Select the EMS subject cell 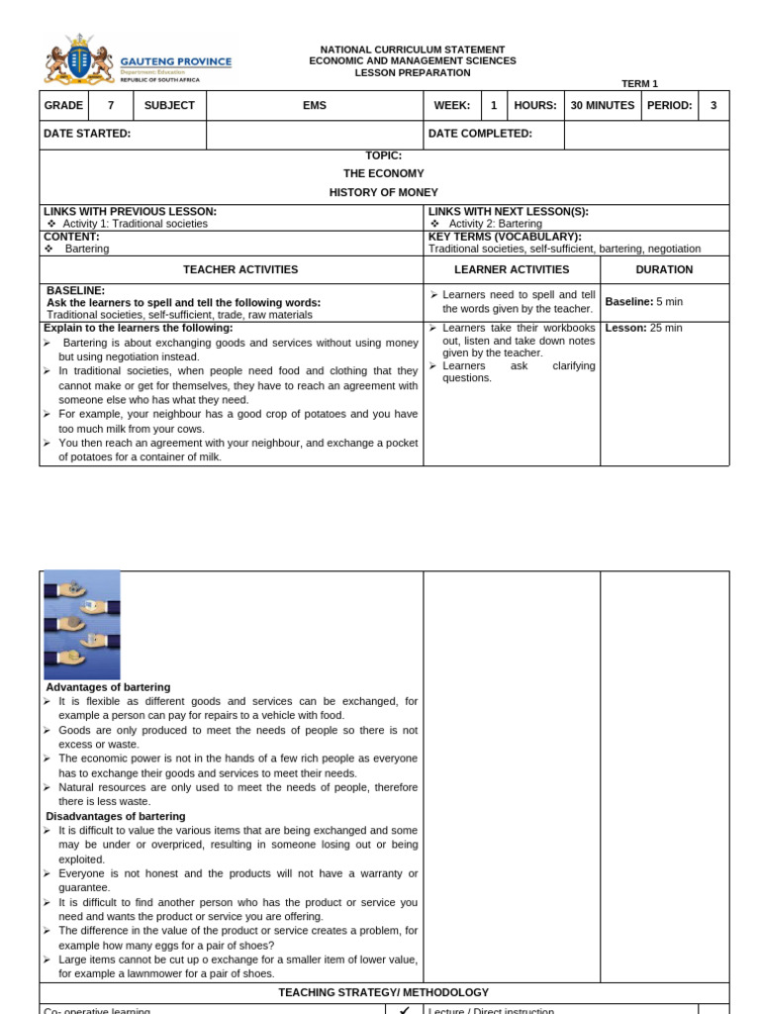315,105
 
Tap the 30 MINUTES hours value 603,105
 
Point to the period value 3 713,105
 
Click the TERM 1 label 639,84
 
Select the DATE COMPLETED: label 480,134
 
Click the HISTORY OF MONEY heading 384,192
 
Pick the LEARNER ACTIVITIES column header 512,269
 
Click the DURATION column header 664,269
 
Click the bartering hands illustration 82,624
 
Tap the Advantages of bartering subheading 108,687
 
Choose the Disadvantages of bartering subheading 115,816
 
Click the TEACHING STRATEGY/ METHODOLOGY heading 384,992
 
